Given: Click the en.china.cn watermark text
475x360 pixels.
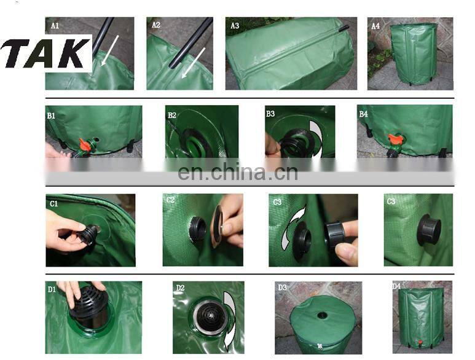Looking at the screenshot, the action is (x=238, y=172).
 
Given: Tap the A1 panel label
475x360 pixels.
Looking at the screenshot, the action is (x=55, y=26).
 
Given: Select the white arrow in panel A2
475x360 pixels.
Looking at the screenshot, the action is (x=194, y=63).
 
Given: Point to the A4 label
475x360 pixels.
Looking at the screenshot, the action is (x=375, y=26).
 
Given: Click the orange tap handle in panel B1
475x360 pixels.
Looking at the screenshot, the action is (x=86, y=144).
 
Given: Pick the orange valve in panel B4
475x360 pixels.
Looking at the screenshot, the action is (x=395, y=140).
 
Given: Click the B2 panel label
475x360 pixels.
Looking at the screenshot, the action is (x=172, y=115).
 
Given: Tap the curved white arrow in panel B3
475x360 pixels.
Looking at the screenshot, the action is (x=316, y=138).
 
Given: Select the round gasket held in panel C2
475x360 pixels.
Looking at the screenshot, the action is (x=217, y=225).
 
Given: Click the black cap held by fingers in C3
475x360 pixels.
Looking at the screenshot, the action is (x=335, y=235).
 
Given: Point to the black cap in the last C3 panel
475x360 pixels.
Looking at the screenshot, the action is (x=428, y=230).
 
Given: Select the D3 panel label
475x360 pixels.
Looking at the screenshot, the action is (x=282, y=288).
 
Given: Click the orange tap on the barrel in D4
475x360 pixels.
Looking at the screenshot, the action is (x=420, y=342).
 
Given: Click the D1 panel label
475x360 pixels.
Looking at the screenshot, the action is (x=52, y=290).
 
